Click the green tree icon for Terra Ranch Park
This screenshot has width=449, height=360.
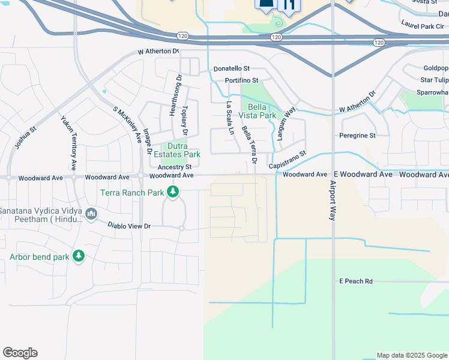[173, 192]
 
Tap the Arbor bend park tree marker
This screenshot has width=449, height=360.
[79, 256]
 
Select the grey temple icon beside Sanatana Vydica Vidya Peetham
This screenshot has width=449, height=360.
[91, 214]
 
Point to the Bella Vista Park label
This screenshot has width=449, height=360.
[258, 111]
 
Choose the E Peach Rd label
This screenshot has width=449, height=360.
[356, 281]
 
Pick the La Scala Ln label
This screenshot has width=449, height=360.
[229, 118]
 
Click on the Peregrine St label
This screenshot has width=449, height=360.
[357, 136]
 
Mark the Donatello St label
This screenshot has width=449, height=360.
[231, 69]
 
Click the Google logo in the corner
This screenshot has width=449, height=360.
[20, 353]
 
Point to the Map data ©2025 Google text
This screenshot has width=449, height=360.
[412, 355]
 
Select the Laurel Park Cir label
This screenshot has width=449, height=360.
[423, 26]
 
